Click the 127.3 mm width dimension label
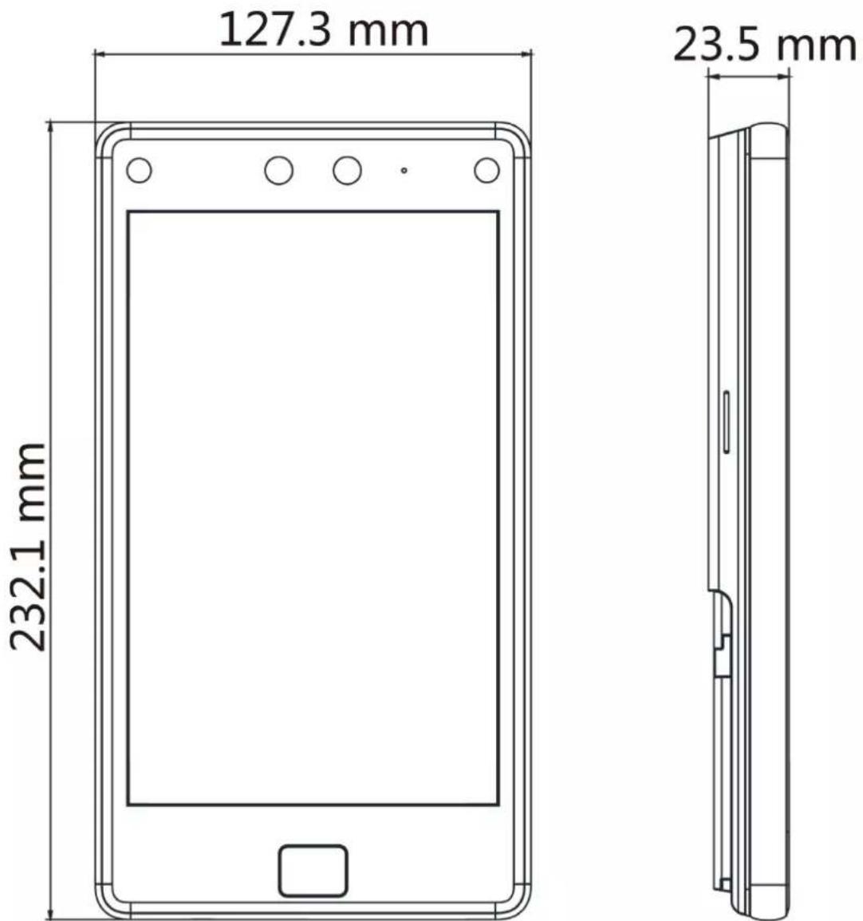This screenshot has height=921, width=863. pos(324,30)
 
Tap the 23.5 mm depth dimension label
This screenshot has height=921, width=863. pos(764,45)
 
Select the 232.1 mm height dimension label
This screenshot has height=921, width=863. pos(28,547)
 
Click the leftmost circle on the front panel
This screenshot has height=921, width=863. pos(139,170)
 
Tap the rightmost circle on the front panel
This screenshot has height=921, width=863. pos(487,170)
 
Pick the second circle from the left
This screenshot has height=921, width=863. pos(279,170)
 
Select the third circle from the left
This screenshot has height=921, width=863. pos(347,170)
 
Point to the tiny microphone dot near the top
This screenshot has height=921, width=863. pos(404,170)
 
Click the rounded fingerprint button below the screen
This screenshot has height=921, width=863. pos(313,871)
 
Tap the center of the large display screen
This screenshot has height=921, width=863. pos(313,508)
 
